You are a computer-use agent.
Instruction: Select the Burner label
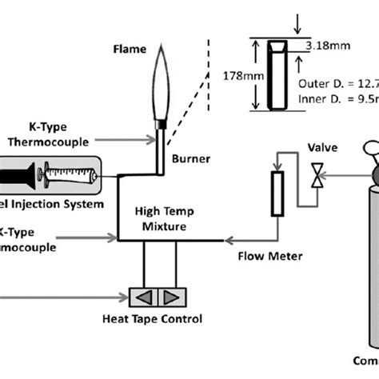[x=191, y=159]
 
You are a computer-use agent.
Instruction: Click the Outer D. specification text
[x=337, y=82]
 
